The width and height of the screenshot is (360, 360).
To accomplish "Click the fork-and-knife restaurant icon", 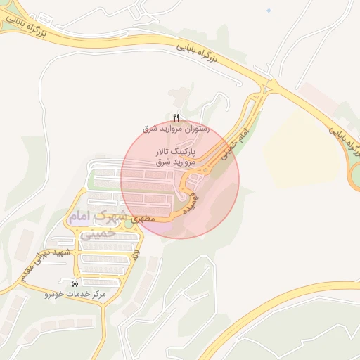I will click(176, 118).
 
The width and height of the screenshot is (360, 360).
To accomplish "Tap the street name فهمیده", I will click(191, 200).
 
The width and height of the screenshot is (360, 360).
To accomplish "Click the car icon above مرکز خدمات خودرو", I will click(75, 283).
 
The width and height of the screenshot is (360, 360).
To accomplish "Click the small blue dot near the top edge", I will click(269, 10).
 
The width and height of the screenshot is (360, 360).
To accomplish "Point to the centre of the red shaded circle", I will click(180, 179).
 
